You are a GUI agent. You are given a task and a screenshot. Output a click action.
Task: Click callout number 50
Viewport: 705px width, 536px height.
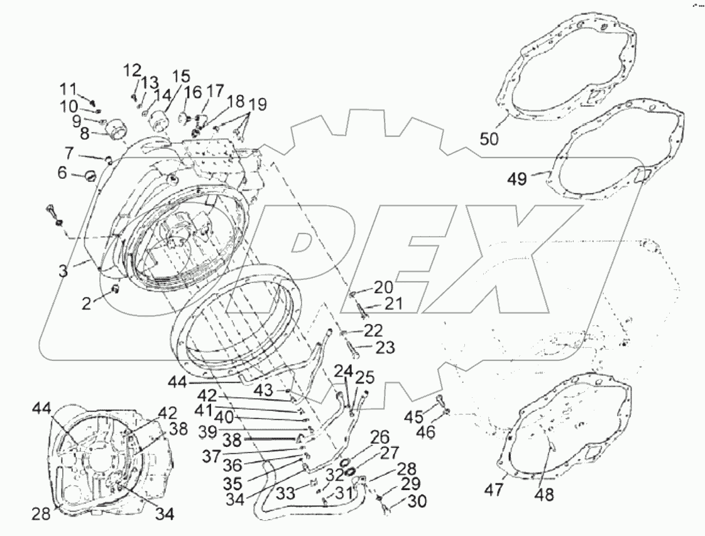pyautogui.click(x=489, y=138)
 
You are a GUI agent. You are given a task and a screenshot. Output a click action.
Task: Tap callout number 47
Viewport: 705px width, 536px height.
pyautogui.click(x=495, y=489)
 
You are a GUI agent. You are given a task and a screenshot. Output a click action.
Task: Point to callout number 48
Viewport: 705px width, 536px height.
pyautogui.click(x=545, y=495)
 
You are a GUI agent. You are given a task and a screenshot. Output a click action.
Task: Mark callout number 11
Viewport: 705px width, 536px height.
pyautogui.click(x=68, y=87)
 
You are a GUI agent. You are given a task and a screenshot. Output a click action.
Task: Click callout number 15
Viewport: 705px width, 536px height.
pyautogui.click(x=181, y=77)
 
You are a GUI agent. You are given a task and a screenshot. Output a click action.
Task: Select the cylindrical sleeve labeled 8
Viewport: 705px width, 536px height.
pyautogui.click(x=116, y=130)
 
